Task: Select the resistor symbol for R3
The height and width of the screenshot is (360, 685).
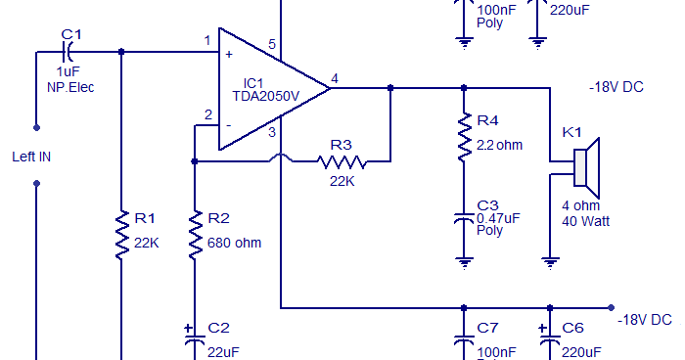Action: pyautogui.click(x=340, y=161)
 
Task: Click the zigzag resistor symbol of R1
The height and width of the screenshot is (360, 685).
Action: pyautogui.click(x=121, y=233)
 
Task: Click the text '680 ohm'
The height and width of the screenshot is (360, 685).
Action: pyautogui.click(x=235, y=243)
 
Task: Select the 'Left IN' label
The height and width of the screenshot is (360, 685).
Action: pyautogui.click(x=31, y=157)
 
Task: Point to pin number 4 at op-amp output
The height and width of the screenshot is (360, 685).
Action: pyautogui.click(x=335, y=78)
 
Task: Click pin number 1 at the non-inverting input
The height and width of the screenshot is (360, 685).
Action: pyautogui.click(x=207, y=40)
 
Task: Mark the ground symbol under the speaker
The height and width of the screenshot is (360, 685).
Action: pyautogui.click(x=551, y=261)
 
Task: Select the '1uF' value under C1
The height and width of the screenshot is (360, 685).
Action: pyautogui.click(x=68, y=72)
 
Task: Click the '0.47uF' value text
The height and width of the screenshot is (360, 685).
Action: pyautogui.click(x=497, y=218)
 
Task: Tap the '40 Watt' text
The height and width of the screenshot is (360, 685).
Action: pyautogui.click(x=586, y=221)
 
